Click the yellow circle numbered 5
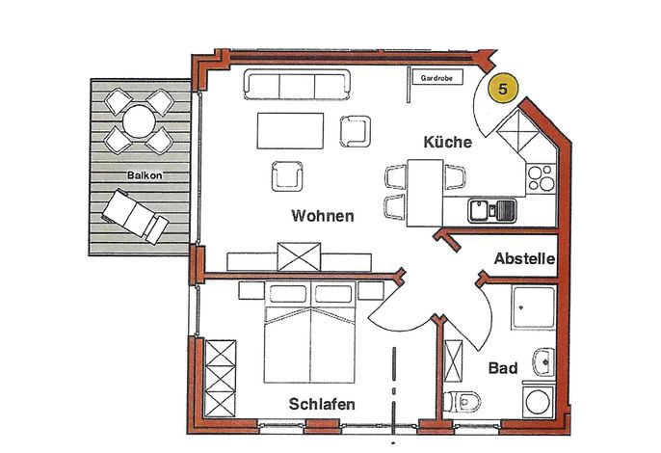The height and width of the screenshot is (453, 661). (x=503, y=89)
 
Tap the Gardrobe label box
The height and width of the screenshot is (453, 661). (x=436, y=78)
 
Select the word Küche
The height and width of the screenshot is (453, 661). (x=448, y=142)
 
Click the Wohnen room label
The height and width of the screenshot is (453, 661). (x=323, y=216)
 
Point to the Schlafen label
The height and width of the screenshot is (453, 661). (x=322, y=404)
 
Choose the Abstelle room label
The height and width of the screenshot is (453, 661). (x=524, y=258)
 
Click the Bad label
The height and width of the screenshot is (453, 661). (x=503, y=368)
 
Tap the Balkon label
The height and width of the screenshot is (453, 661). (x=145, y=175)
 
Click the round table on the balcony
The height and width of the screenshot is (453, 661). (x=139, y=121)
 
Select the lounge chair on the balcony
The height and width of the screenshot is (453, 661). (x=135, y=216)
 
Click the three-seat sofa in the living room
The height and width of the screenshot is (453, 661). (x=297, y=85)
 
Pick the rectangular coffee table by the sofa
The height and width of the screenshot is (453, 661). (x=290, y=131)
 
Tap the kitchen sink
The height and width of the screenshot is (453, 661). (x=491, y=211)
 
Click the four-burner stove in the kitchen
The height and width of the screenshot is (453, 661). (x=541, y=178)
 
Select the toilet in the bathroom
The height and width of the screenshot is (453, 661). (x=463, y=401)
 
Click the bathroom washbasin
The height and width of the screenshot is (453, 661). (x=544, y=361)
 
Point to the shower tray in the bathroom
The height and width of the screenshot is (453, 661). (x=534, y=307)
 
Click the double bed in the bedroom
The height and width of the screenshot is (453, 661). (x=310, y=333)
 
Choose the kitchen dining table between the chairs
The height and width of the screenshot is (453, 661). (x=425, y=193)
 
